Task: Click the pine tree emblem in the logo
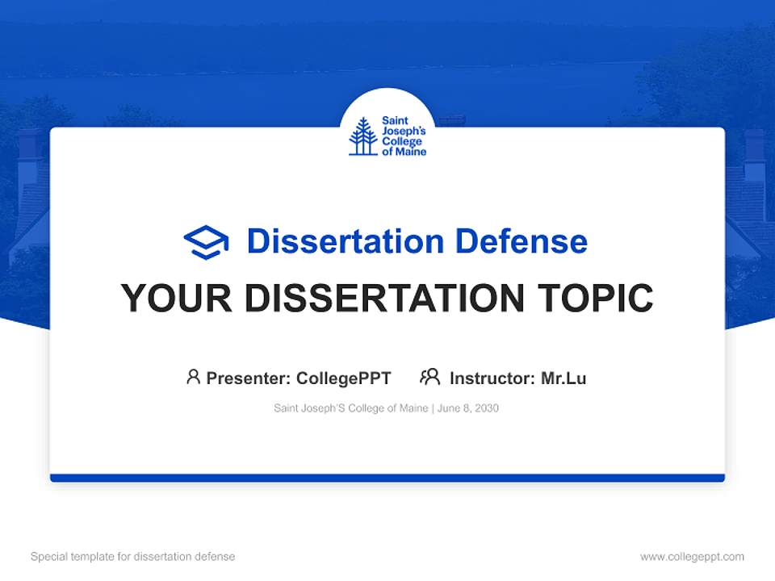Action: (x=362, y=136)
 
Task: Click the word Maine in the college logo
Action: (x=413, y=152)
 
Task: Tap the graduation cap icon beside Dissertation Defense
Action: (x=206, y=242)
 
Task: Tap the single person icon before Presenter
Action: (x=193, y=377)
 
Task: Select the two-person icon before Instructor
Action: (x=429, y=377)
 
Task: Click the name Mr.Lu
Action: (x=563, y=378)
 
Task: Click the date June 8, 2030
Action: (x=468, y=408)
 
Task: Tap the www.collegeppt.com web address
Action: (x=692, y=557)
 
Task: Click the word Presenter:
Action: (x=249, y=378)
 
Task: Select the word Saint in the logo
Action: (x=395, y=121)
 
